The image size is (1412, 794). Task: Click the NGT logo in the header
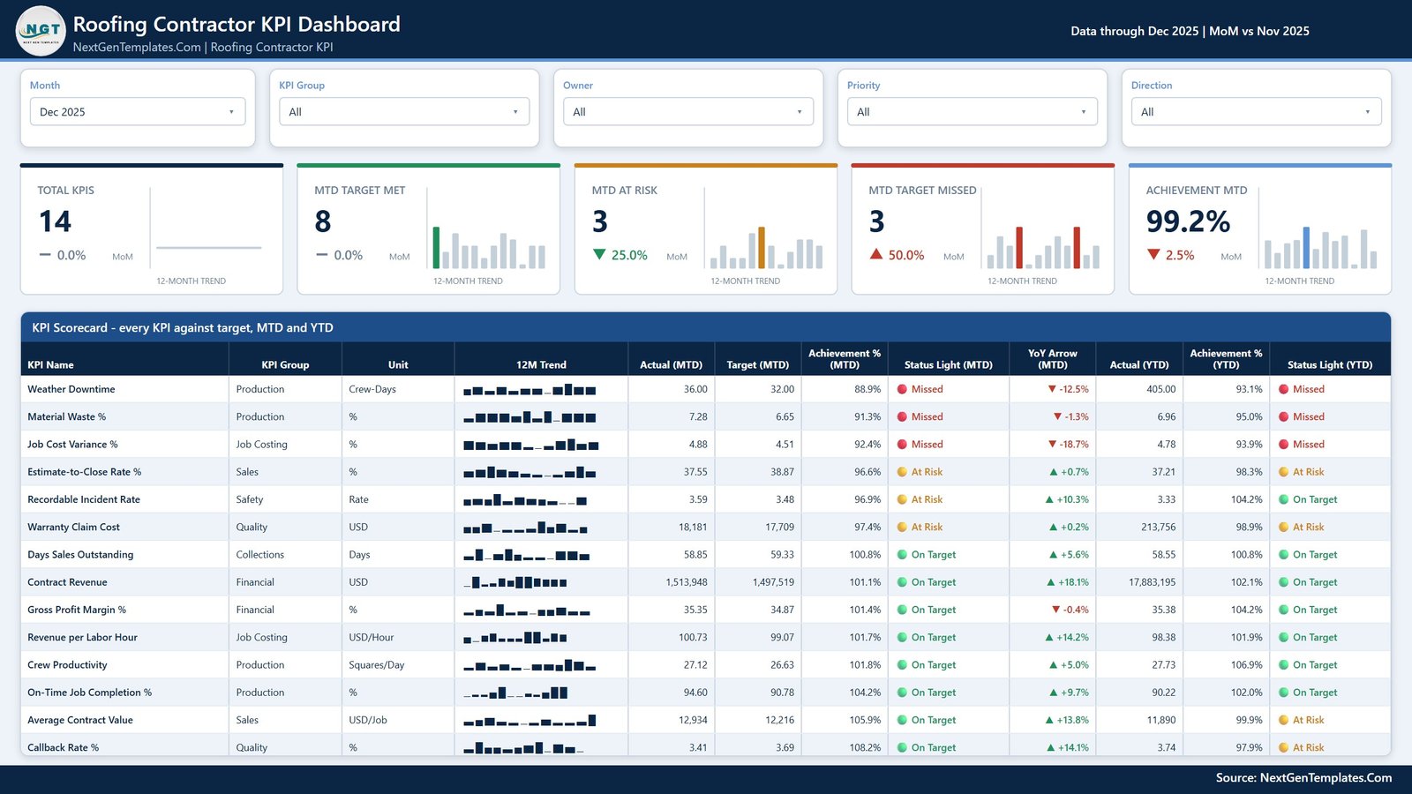(41, 30)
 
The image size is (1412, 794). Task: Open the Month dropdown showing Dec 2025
(138, 111)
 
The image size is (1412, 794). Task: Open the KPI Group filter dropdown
(404, 111)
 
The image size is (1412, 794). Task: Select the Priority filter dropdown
(972, 111)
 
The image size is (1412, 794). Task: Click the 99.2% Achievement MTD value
(1188, 221)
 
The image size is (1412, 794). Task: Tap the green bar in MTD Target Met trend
(436, 248)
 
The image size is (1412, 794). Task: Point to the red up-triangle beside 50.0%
(876, 254)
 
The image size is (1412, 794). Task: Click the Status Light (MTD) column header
(948, 364)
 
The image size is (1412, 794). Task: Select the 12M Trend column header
(541, 364)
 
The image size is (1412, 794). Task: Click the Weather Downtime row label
(71, 389)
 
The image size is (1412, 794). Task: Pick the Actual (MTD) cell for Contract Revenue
(686, 581)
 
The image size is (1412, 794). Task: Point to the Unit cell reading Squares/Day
(376, 665)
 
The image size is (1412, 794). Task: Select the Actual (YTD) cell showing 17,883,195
(1152, 581)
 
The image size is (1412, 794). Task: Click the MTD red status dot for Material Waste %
(902, 416)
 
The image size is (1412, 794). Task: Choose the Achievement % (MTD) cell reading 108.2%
(865, 747)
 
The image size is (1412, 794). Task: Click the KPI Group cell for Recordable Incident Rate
(250, 499)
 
